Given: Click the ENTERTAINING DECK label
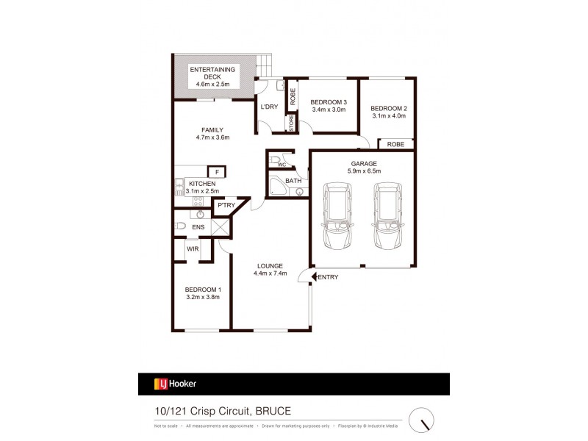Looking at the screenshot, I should [x=213, y=73].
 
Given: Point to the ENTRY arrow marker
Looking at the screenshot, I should [x=315, y=276].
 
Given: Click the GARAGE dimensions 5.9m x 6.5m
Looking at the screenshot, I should [x=365, y=171].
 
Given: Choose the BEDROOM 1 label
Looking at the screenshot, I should [x=203, y=290].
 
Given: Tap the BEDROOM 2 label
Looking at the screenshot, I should [x=389, y=109].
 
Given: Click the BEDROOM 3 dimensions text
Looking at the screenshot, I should [x=329, y=110].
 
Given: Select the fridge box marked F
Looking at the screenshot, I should [x=218, y=172].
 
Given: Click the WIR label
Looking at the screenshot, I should [x=193, y=249].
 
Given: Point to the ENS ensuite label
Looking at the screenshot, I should [x=198, y=228].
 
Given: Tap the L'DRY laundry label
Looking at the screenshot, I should [x=269, y=107].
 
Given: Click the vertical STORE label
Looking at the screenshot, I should [x=291, y=123].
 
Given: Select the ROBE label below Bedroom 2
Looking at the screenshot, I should [x=395, y=144].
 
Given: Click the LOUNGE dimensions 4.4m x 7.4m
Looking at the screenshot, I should [x=270, y=274].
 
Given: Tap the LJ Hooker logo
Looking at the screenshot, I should [x=175, y=384].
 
